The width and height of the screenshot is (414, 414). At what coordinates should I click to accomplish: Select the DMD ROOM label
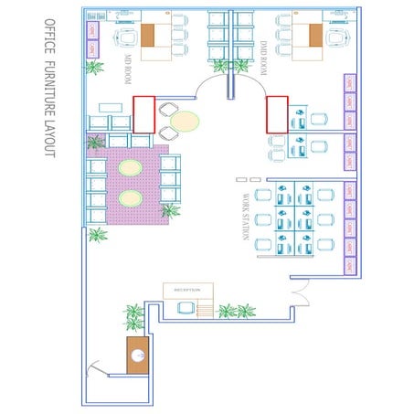pos(262,56)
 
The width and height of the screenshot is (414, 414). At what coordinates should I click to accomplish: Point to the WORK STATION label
pos(246,216)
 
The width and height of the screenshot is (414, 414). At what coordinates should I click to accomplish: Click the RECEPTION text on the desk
pos(187,291)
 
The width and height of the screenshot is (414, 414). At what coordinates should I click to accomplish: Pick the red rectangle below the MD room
pos(144,113)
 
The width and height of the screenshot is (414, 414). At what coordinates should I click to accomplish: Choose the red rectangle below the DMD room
pos(277,114)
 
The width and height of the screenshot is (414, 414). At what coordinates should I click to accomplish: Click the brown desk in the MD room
pos(149,36)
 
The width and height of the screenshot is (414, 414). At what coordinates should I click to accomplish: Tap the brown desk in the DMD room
pos(315,36)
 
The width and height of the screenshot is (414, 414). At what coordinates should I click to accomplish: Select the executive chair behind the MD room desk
pos(124,37)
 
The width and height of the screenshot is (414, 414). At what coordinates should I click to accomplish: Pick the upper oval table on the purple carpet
pos(131,168)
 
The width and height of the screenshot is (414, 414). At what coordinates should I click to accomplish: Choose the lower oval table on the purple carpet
pos(131,197)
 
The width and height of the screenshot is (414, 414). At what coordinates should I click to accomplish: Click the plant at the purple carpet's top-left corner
pos(94,143)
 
